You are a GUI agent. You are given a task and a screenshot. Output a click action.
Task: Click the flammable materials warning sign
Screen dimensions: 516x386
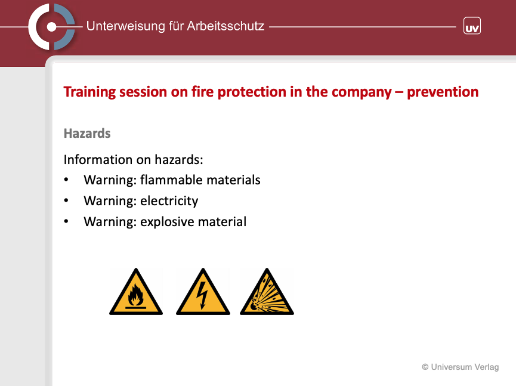(x=136, y=292)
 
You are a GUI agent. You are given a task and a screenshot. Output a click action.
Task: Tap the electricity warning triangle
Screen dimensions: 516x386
(x=203, y=292)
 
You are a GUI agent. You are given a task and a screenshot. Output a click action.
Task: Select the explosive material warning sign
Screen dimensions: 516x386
(x=267, y=292)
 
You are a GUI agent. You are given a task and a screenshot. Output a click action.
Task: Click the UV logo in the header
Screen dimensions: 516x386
(x=472, y=26)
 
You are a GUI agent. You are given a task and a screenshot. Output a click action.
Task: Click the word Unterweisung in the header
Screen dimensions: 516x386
(x=125, y=26)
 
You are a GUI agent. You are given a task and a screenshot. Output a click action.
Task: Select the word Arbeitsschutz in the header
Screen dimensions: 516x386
(x=225, y=26)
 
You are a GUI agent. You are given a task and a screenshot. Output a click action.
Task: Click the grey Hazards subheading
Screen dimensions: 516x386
(x=87, y=133)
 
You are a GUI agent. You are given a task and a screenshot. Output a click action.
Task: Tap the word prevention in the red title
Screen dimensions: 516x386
(x=443, y=92)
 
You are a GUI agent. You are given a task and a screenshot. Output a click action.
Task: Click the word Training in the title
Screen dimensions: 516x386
(x=89, y=92)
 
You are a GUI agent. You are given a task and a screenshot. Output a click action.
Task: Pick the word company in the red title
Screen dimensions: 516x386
(x=361, y=92)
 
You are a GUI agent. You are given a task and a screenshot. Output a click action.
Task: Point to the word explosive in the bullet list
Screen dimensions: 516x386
(x=167, y=222)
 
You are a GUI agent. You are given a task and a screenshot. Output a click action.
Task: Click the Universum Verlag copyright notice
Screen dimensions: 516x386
(x=461, y=367)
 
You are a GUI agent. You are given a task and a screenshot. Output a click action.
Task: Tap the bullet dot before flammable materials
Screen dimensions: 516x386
(x=66, y=180)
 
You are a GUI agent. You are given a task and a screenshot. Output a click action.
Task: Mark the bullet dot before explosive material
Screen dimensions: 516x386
(x=66, y=221)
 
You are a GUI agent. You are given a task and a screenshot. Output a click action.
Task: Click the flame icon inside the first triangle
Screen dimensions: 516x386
(x=135, y=295)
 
